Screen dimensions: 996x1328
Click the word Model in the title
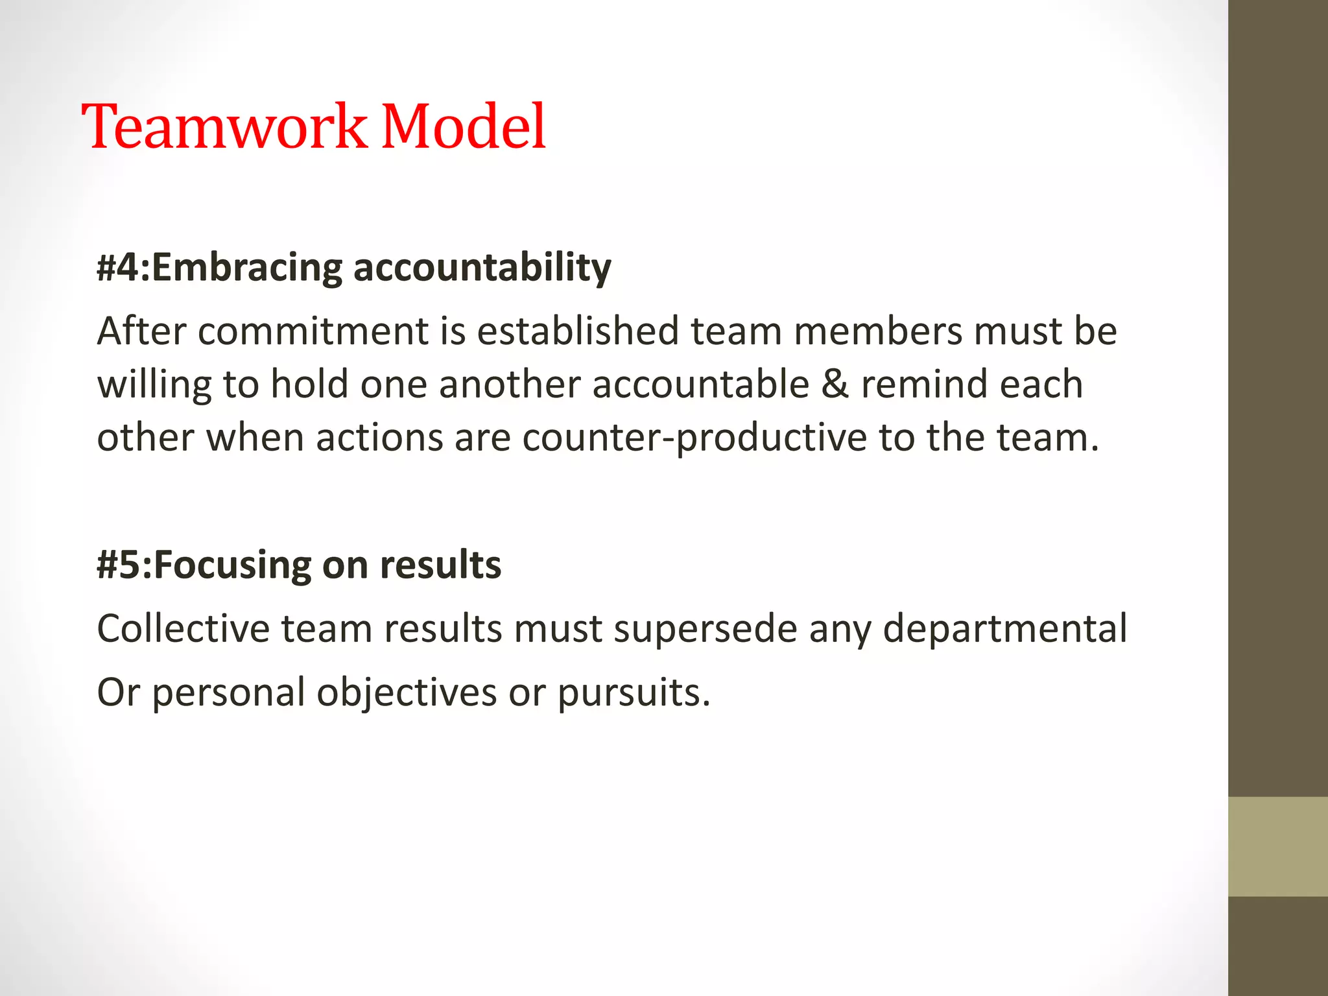click(464, 126)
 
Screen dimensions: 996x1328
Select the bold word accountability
click(482, 268)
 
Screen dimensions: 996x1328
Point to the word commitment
click(313, 331)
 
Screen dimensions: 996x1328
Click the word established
click(578, 331)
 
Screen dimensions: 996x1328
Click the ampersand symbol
click(835, 385)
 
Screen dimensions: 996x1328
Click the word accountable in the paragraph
click(701, 385)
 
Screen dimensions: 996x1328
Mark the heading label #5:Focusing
click(202, 565)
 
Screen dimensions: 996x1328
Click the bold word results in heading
click(440, 565)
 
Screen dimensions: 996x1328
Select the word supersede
click(705, 630)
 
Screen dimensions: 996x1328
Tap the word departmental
click(1005, 630)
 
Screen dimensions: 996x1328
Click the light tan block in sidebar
click(1277, 846)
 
